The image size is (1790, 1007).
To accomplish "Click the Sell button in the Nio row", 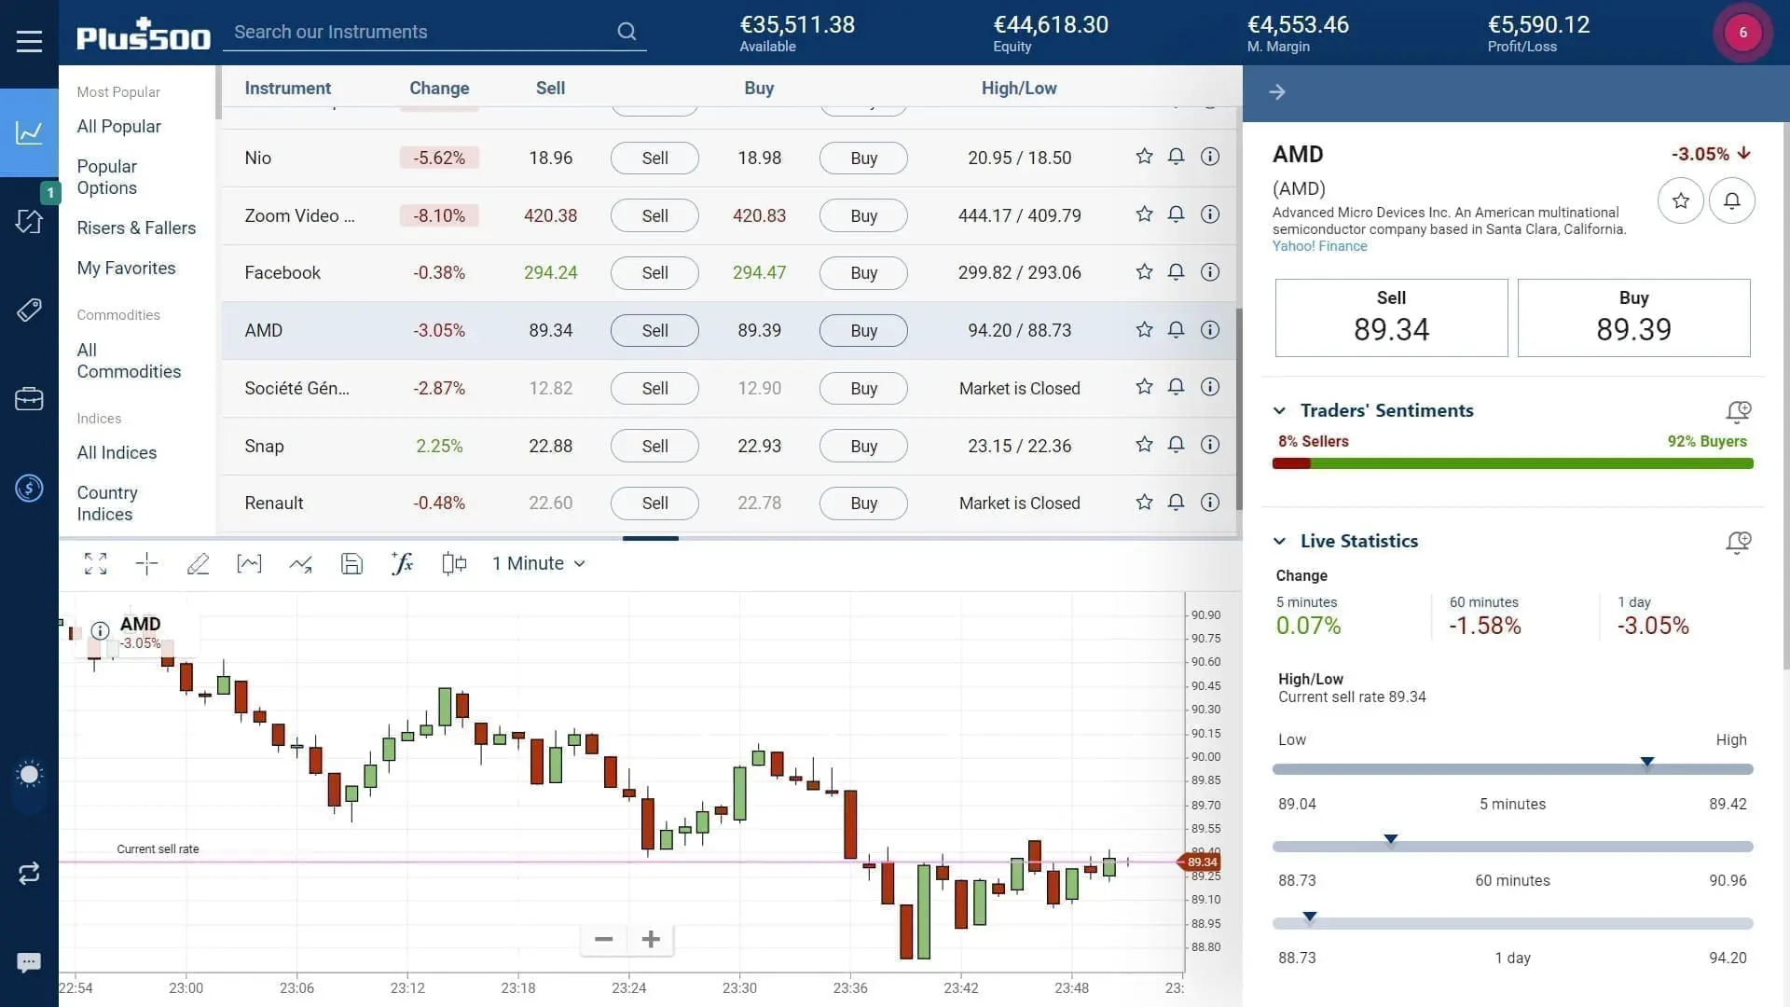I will click(654, 159).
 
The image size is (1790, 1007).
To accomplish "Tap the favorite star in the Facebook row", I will click(1144, 272).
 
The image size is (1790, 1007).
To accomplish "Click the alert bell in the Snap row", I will click(1177, 445).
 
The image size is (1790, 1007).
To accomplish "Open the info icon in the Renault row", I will click(1210, 503).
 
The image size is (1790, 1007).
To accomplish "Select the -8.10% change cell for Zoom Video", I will click(439, 215).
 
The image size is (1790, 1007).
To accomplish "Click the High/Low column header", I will click(1019, 89).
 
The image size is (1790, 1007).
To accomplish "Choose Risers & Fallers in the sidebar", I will click(136, 228).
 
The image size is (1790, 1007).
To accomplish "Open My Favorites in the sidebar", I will click(126, 268).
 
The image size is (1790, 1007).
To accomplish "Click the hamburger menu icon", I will click(29, 41).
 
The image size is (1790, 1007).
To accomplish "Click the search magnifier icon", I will click(626, 32).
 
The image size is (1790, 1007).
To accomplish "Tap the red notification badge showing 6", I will click(1742, 33).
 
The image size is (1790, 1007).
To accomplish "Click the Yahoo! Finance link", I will click(1319, 246).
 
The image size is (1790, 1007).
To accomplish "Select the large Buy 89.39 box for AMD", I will click(1633, 318).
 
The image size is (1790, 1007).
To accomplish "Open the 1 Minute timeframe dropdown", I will click(538, 563).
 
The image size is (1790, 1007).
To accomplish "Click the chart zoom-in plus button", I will click(651, 939).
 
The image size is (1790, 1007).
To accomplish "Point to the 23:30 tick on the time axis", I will click(739, 987).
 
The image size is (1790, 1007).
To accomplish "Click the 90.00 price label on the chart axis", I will click(1205, 756).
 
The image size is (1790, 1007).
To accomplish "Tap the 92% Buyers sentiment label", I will click(1706, 441).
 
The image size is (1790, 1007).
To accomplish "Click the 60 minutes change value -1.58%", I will click(1484, 626).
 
